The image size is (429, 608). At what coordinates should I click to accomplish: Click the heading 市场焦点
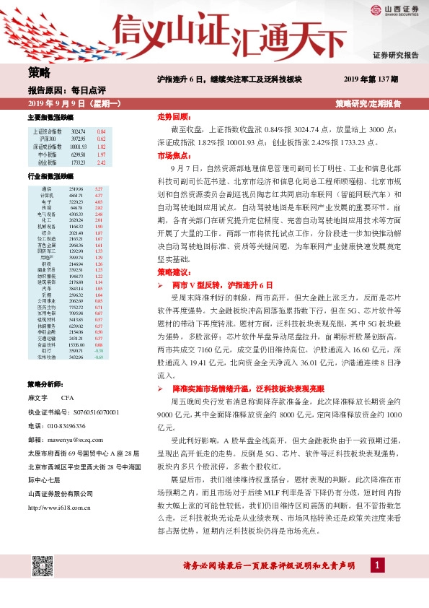coord(171,155)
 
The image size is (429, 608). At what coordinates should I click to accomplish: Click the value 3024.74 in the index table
coord(78,131)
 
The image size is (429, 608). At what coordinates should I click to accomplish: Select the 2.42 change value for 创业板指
coord(101,163)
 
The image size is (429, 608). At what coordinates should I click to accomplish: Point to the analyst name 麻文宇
coord(37,398)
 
